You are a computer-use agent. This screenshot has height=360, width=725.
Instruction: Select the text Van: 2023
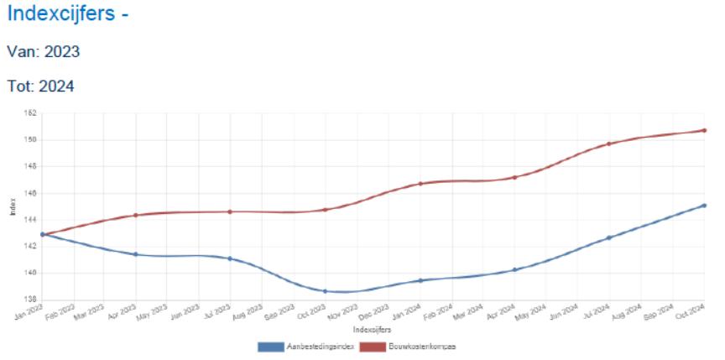point(43,52)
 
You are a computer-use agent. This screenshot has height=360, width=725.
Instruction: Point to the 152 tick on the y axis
point(31,113)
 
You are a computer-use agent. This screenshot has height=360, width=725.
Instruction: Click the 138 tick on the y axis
point(31,300)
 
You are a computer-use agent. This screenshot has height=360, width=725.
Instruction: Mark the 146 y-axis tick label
point(31,193)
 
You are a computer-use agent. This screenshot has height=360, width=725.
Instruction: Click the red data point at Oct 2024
point(704,130)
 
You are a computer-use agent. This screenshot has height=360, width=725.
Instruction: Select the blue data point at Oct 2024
point(704,206)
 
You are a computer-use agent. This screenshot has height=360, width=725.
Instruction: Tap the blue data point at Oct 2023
point(325,291)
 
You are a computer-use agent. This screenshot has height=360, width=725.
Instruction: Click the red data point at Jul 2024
point(609,143)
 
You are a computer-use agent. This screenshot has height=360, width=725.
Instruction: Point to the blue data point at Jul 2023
point(230,258)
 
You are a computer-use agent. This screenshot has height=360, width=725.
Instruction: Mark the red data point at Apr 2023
point(135,216)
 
